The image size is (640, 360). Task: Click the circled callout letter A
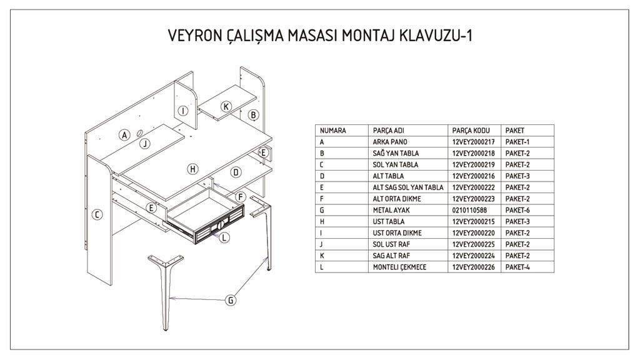point(125,134)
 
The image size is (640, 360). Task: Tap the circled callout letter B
point(253,115)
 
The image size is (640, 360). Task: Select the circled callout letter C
point(97,215)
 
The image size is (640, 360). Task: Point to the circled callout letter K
point(226,106)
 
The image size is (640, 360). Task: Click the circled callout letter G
point(231,301)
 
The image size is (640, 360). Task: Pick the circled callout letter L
point(224,237)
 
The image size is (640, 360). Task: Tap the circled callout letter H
point(192,169)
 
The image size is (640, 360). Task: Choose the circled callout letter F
point(239,197)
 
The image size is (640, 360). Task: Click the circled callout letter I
point(182,111)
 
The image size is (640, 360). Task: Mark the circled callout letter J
point(145,144)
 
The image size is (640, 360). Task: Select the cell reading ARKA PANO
point(390,142)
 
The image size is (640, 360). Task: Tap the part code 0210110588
point(469,210)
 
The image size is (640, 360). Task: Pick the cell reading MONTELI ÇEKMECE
point(401,267)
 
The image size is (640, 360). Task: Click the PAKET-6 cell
point(517,210)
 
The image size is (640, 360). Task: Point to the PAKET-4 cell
point(517,267)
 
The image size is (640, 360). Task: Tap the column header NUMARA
point(333,131)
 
